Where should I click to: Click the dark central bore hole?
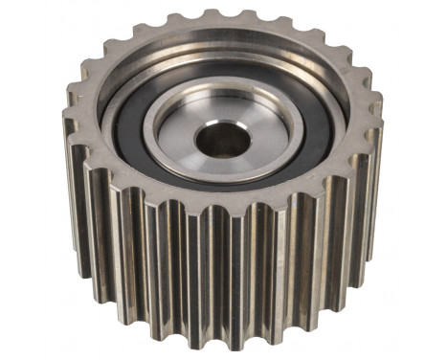click(222, 140)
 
